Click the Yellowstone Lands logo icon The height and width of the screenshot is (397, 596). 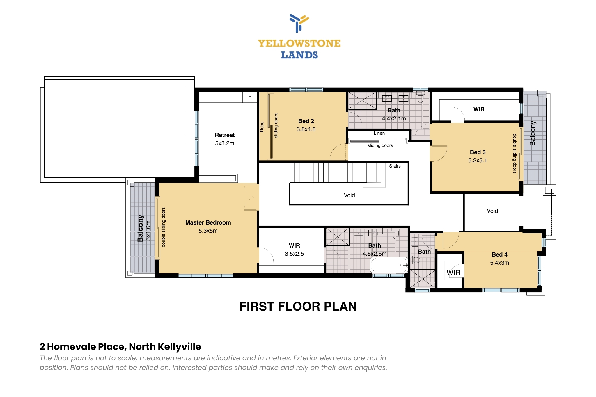(x=299, y=23)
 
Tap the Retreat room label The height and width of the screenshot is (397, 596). (x=225, y=135)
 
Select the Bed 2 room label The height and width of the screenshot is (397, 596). (x=306, y=121)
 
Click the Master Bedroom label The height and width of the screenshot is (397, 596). (x=208, y=223)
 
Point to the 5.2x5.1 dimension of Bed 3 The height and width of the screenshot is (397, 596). (x=478, y=161)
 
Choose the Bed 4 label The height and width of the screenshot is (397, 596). (x=500, y=255)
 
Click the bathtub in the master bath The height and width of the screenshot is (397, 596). (x=389, y=265)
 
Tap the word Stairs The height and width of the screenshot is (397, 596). (x=395, y=166)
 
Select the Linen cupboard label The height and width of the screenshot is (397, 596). (x=379, y=133)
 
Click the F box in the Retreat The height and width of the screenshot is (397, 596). (x=250, y=97)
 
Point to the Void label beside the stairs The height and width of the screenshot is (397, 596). (x=350, y=195)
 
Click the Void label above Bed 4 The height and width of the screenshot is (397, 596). (x=492, y=211)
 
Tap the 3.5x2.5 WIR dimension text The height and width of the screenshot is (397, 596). (x=295, y=254)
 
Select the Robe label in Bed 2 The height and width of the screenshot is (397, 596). (x=262, y=127)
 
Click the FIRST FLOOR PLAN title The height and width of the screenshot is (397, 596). (x=298, y=307)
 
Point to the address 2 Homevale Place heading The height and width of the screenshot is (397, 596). (x=120, y=347)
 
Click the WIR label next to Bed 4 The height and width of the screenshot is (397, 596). (x=453, y=273)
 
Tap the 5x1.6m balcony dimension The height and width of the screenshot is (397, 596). (x=148, y=230)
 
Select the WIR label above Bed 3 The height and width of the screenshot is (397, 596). (x=479, y=109)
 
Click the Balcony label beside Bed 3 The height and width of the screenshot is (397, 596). (x=533, y=133)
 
